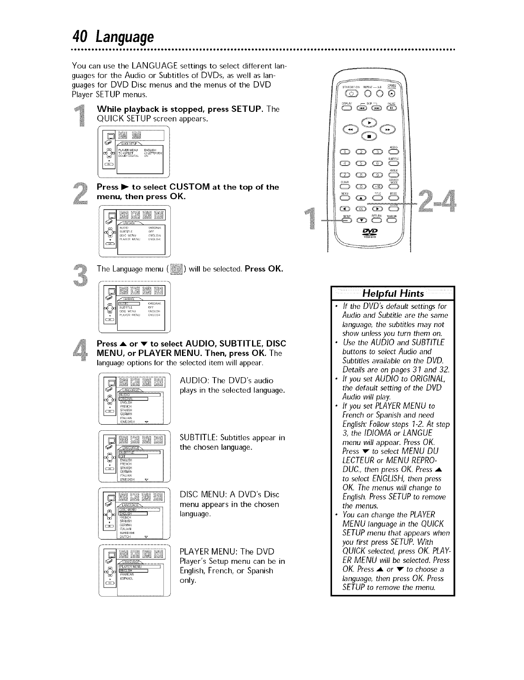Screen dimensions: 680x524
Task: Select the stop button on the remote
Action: click(369, 137)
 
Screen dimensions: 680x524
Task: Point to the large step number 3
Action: click(81, 276)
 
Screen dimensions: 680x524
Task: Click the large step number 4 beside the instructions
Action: click(81, 348)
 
